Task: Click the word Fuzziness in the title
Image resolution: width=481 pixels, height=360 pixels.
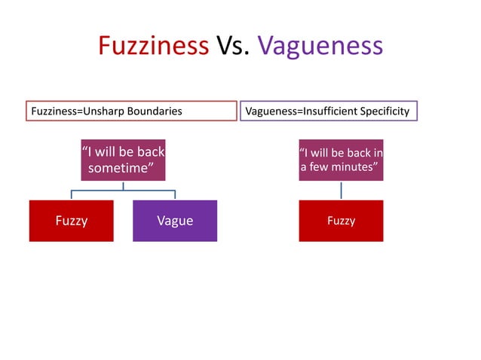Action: (153, 46)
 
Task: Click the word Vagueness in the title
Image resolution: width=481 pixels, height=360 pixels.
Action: (320, 46)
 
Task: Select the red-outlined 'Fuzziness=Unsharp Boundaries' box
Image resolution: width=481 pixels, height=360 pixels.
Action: (132, 111)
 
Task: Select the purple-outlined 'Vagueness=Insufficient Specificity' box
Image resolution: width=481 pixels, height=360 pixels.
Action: (328, 111)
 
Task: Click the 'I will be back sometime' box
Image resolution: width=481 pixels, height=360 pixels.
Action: (123, 159)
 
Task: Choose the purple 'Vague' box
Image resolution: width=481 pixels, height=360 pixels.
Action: (175, 221)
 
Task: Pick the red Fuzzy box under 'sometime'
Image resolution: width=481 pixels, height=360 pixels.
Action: (72, 221)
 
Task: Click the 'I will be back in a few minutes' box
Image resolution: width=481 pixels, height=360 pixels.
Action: (341, 160)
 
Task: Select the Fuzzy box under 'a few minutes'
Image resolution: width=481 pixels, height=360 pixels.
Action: (341, 221)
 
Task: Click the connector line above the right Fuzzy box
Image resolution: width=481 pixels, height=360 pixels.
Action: (341, 190)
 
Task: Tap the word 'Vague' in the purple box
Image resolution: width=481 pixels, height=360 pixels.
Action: (175, 221)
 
